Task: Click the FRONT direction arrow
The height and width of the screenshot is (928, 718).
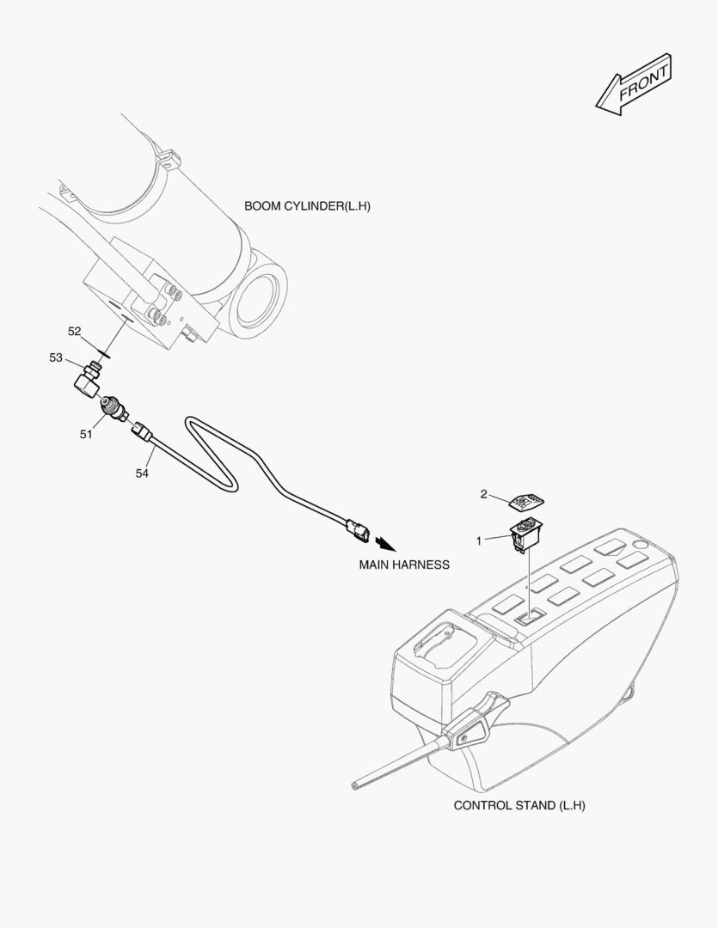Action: tap(633, 84)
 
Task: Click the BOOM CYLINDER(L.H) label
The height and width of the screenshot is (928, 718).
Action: tap(308, 206)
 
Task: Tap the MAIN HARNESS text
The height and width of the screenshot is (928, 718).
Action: tap(404, 565)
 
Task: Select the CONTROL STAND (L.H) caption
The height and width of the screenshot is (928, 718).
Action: tap(519, 805)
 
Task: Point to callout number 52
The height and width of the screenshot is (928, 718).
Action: tap(74, 332)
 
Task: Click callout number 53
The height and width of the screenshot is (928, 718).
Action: tap(56, 357)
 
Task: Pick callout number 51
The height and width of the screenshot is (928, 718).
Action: tap(86, 435)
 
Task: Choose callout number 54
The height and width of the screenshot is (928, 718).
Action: tap(142, 473)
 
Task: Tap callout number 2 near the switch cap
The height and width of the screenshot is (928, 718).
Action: tap(483, 493)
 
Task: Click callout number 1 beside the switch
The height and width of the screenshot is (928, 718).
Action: tap(479, 541)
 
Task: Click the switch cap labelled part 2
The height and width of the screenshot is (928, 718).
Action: tap(526, 502)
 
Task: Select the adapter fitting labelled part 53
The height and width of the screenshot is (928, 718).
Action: tap(87, 380)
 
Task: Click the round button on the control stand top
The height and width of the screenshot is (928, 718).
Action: tap(639, 544)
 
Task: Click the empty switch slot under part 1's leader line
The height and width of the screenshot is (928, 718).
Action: tap(529, 617)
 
